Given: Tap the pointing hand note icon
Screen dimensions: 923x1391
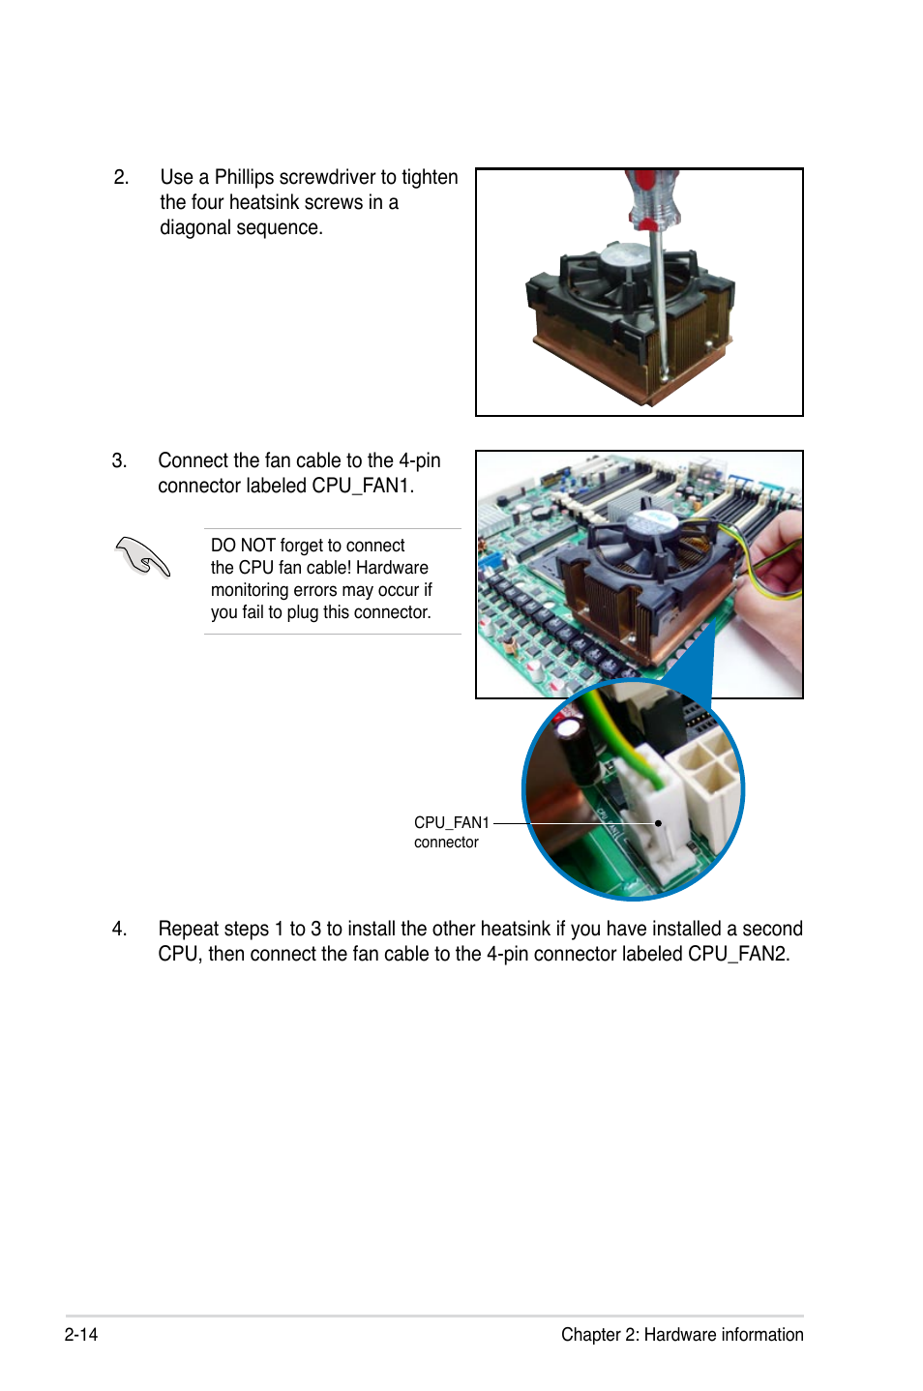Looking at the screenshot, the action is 142,556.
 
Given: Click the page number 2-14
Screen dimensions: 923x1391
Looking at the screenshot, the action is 81,1334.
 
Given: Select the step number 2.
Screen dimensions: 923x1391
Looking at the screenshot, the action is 121,178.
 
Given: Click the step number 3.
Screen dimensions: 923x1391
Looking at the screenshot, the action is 119,460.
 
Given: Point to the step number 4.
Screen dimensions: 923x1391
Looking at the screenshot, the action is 119,929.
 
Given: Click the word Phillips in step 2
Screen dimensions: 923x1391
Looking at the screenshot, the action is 244,178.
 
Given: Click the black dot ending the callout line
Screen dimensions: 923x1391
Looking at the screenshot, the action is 658,823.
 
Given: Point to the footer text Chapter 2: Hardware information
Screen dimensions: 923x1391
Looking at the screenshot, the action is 682,1335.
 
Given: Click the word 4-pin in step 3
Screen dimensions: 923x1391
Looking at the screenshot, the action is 419,461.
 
